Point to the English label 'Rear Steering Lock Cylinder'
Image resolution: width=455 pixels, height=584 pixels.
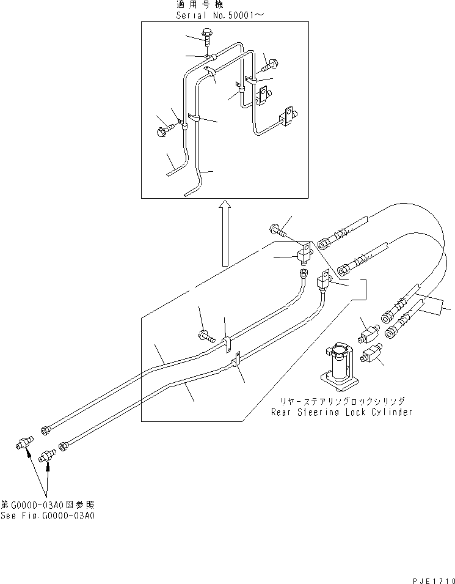[341, 412]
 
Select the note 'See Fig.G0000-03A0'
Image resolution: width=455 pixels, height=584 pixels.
[48, 516]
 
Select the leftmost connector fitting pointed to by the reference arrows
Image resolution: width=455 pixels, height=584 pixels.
[24, 443]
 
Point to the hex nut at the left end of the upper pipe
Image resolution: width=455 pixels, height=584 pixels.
[46, 431]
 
